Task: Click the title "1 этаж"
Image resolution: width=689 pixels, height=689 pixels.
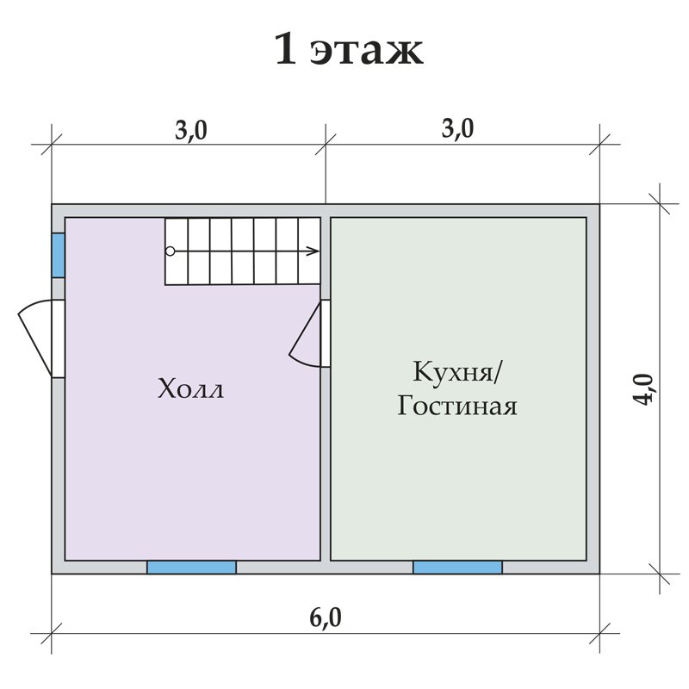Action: [x=349, y=48]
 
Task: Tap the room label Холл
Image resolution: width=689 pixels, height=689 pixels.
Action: [x=190, y=388]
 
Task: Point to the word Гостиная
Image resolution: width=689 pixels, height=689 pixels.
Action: [x=457, y=406]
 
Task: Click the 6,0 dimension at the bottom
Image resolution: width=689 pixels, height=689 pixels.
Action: [x=326, y=618]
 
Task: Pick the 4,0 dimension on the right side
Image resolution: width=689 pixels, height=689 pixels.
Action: [x=643, y=389]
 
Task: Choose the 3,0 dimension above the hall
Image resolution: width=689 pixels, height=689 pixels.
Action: [x=190, y=130]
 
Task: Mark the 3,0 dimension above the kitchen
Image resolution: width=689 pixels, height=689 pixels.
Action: [x=457, y=128]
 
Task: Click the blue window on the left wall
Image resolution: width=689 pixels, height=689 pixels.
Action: [x=59, y=255]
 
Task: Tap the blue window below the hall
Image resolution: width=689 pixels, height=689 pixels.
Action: [x=191, y=568]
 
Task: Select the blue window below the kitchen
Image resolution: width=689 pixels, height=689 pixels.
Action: [x=457, y=568]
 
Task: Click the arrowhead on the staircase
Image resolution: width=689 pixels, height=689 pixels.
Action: [x=313, y=251]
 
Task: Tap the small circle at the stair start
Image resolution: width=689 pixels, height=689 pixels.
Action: [x=170, y=251]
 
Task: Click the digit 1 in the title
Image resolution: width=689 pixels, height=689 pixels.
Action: [x=285, y=48]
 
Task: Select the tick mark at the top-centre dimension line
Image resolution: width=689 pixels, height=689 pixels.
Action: [x=326, y=144]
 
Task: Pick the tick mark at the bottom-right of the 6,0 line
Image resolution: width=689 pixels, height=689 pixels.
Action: [x=599, y=634]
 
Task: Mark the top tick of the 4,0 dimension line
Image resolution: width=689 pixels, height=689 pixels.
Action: [x=660, y=204]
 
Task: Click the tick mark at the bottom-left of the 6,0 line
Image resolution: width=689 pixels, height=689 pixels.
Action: [x=52, y=634]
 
